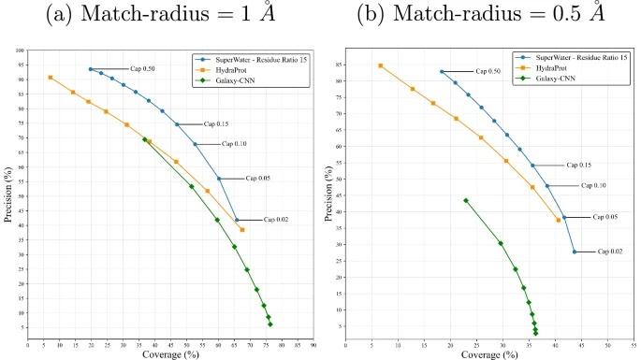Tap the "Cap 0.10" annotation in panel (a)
click(234, 144)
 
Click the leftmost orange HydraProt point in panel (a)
click(51, 78)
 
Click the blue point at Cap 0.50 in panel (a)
click(91, 69)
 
